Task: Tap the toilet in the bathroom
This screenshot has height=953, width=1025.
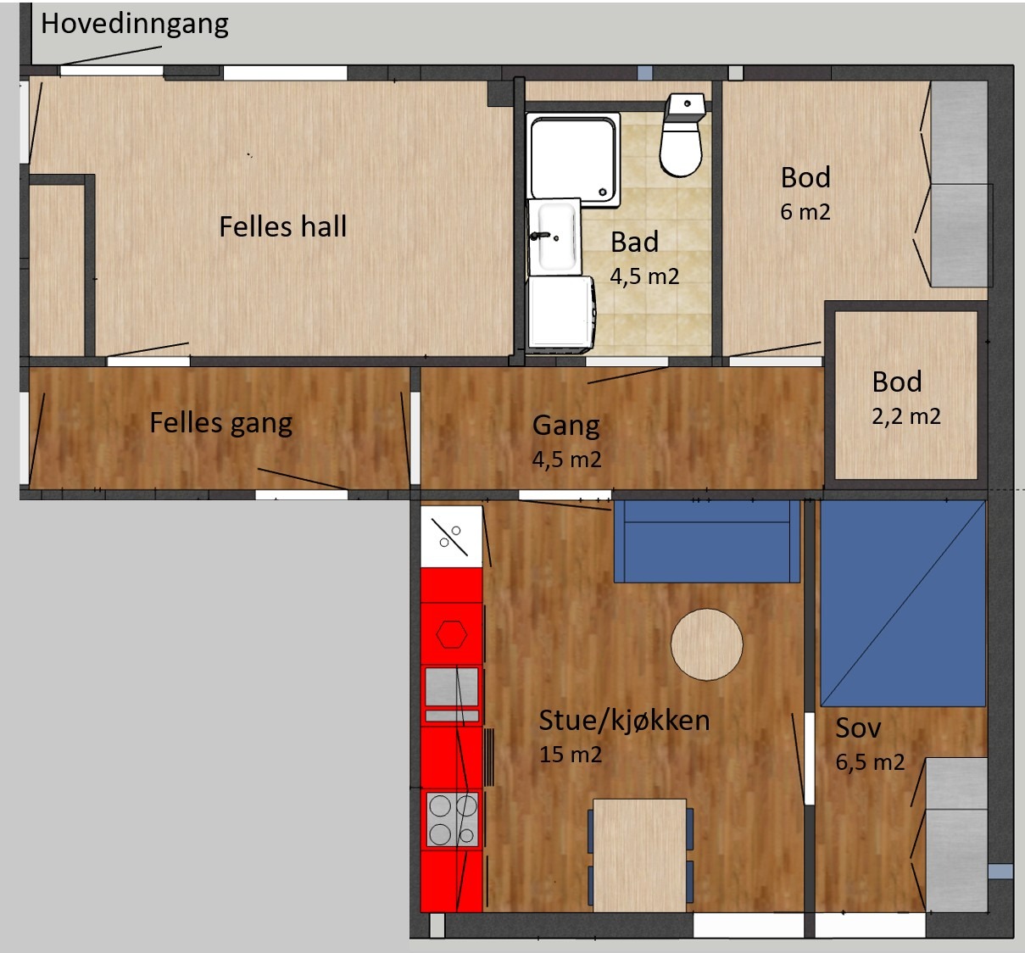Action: tap(682, 135)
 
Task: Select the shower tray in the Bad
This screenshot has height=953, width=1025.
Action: tap(573, 159)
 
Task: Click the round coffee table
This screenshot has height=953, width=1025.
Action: tap(706, 644)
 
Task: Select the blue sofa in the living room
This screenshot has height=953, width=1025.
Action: tap(706, 541)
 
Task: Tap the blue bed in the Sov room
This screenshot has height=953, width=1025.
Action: tap(903, 603)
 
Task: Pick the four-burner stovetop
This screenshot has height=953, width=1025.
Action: tap(452, 820)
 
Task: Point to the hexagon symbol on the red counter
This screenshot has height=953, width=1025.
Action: tap(452, 634)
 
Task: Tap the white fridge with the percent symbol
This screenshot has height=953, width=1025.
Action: tap(452, 537)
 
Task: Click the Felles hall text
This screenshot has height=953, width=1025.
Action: tap(283, 226)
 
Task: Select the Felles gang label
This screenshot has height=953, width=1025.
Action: tap(221, 423)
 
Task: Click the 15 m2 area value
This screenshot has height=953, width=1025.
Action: tap(571, 755)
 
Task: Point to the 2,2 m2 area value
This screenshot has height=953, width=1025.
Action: tap(906, 416)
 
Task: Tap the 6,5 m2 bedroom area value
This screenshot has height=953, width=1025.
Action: tap(870, 762)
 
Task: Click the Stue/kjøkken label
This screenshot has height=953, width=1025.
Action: tap(625, 720)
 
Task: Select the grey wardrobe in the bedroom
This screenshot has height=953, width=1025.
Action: tap(956, 835)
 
